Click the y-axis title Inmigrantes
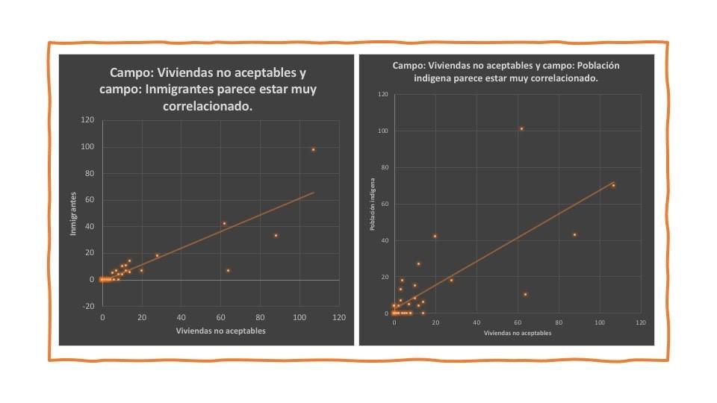pyautogui.click(x=73, y=213)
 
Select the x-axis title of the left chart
pyautogui.click(x=220, y=331)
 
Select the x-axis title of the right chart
pyautogui.click(x=518, y=333)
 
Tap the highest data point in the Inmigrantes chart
pyautogui.click(x=314, y=149)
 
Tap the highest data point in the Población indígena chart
pyautogui.click(x=521, y=128)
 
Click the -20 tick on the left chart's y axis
pyautogui.click(x=88, y=306)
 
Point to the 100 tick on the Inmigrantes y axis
pyautogui.click(x=88, y=147)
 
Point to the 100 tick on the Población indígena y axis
pyautogui.click(x=383, y=131)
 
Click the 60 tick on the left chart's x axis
pyautogui.click(x=221, y=317)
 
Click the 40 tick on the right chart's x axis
pyautogui.click(x=477, y=322)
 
